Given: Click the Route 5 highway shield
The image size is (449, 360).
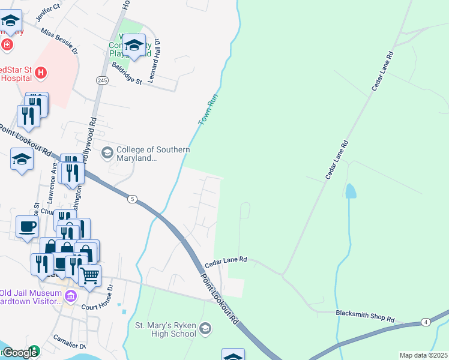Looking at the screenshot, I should click(132, 199).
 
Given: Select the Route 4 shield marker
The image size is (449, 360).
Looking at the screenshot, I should click(425, 322).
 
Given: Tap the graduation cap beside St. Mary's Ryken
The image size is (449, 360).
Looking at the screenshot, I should click(206, 328).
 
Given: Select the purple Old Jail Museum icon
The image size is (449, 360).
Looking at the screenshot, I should click(71, 296).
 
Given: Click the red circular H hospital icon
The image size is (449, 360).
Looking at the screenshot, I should click(40, 73).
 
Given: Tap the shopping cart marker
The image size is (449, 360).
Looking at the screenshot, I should click(90, 276).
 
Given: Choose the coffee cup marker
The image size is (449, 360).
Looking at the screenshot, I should click(27, 227).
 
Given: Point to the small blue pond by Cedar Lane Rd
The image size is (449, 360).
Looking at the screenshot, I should click(350, 191).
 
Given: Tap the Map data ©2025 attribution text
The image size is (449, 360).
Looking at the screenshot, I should click(423, 355).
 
